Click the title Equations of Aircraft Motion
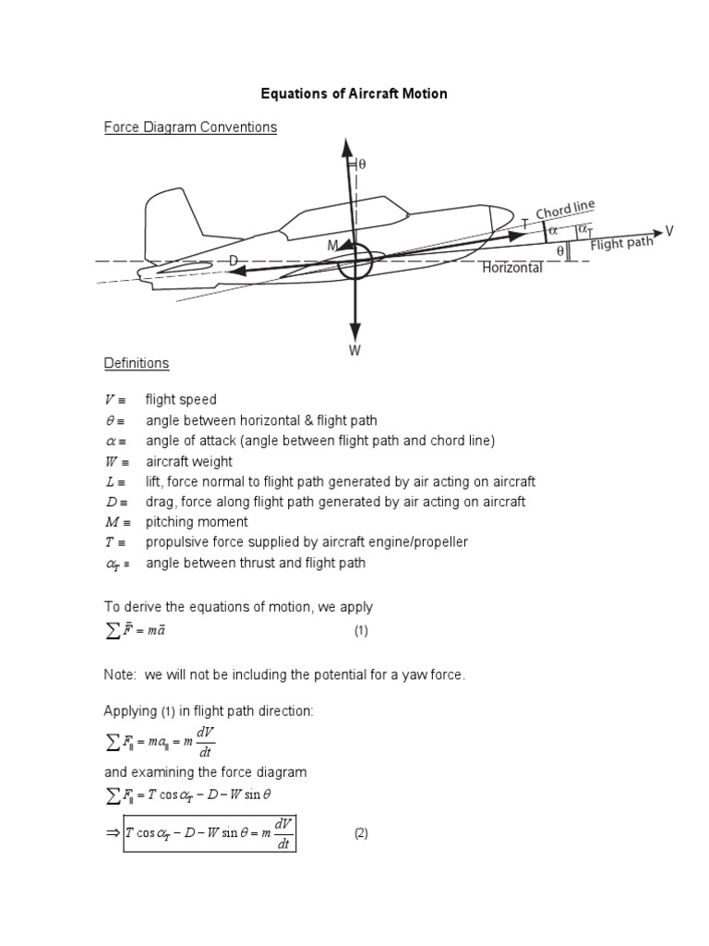point(354,94)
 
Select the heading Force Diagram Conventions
point(190,127)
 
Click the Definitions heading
point(136,363)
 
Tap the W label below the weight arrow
point(354,351)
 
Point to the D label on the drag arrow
point(234,261)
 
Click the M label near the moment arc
point(331,245)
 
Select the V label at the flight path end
point(670,230)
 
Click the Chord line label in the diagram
point(565,211)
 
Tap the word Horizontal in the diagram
point(512,268)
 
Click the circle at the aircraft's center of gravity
point(354,261)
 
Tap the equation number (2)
point(361,833)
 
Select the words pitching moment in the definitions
point(196,522)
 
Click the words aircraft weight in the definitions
point(188,461)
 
